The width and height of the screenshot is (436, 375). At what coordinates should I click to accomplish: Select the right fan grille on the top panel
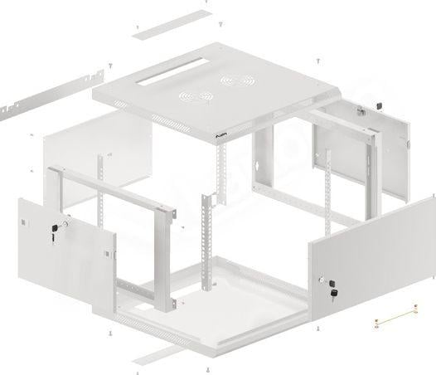[x=235, y=81]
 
